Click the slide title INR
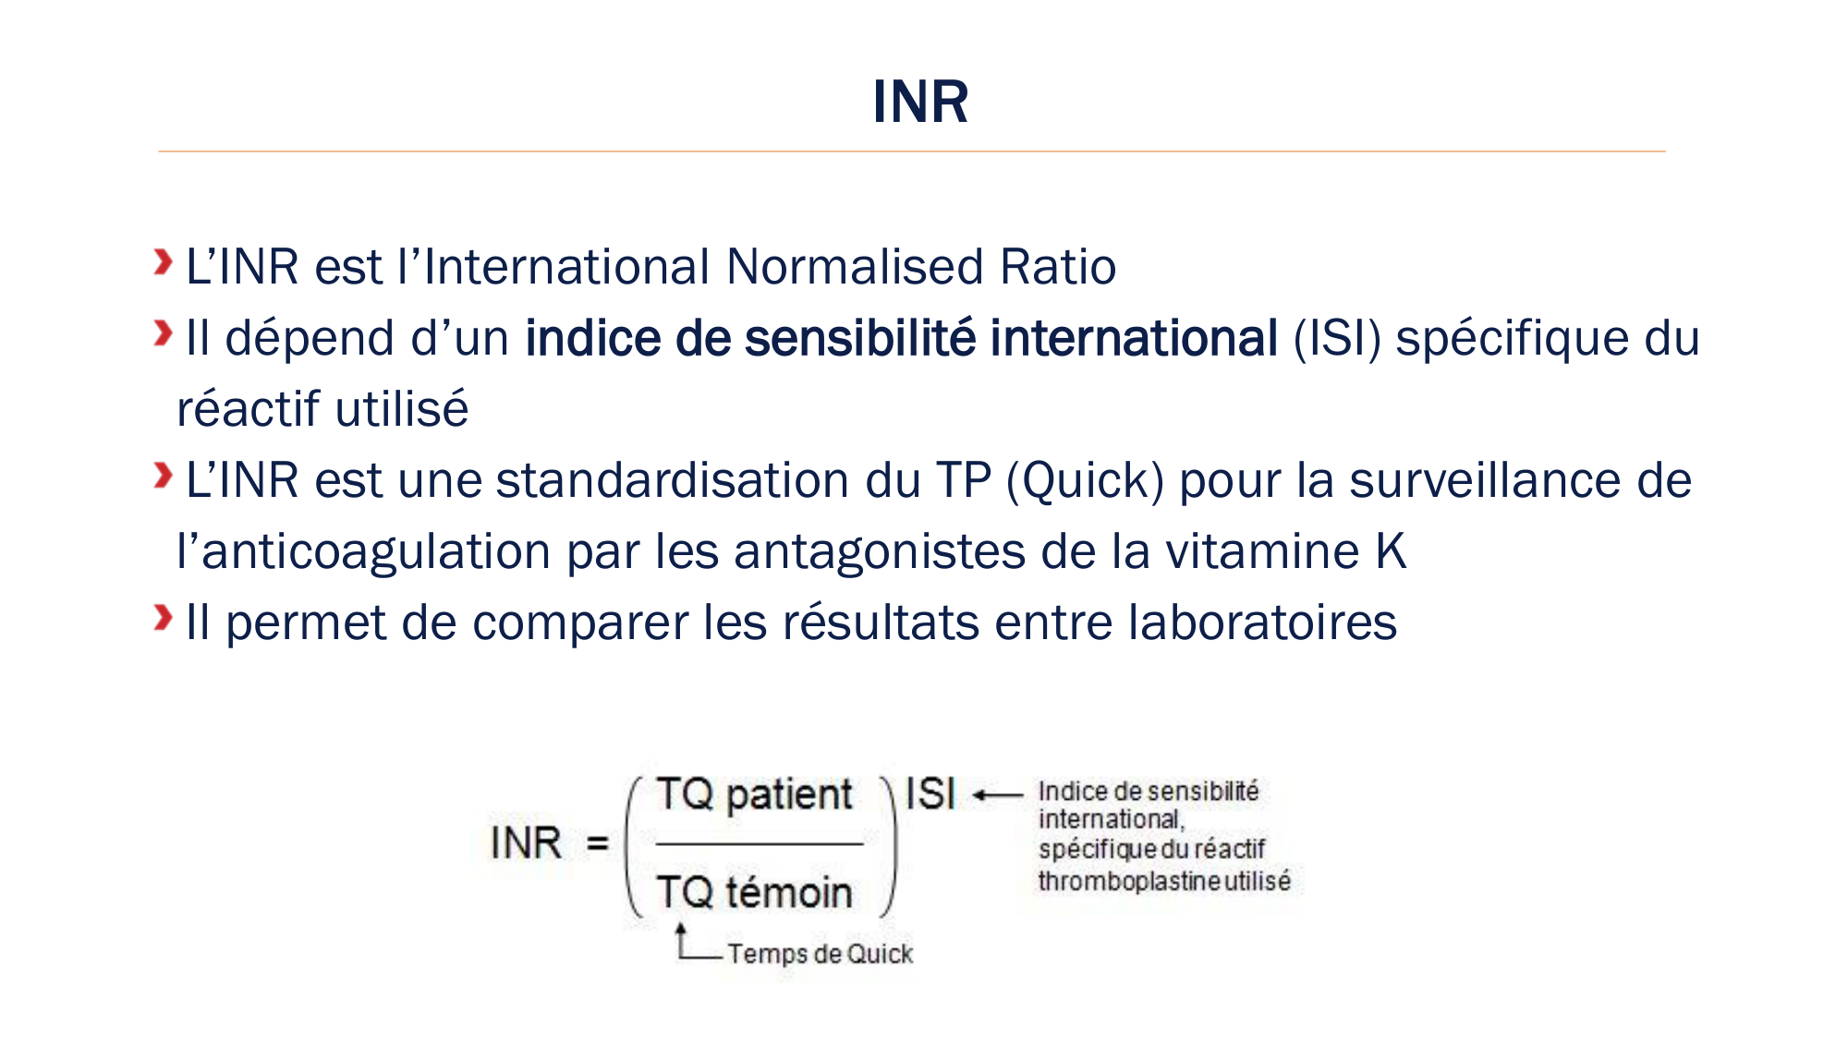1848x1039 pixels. pos(920,102)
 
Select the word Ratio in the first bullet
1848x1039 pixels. pos(1058,267)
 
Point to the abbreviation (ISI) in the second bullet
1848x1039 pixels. pos(1337,339)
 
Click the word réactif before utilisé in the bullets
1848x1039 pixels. pos(249,409)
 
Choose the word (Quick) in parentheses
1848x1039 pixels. pos(1085,481)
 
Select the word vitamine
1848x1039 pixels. pos(1262,551)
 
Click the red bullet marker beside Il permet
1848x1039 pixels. pos(164,618)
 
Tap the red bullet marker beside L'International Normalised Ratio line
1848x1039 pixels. pos(164,262)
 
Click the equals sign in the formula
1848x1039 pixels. pos(598,843)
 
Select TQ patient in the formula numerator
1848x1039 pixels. pos(754,795)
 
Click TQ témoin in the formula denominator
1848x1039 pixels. pos(754,892)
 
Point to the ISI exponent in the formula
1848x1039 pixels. pos(930,793)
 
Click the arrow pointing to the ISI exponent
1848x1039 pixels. pos(998,794)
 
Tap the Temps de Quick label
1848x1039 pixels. pos(820,953)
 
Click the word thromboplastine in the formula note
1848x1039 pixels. pos(1129,881)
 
